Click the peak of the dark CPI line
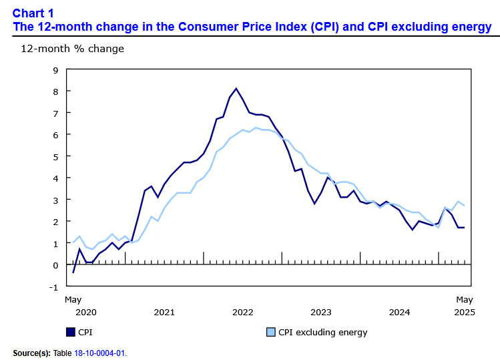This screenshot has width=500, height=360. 236,88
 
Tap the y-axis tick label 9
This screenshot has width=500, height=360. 55,69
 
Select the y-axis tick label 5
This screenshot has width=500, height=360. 55,156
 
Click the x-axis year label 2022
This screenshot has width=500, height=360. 242,312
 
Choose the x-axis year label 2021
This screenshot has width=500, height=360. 164,312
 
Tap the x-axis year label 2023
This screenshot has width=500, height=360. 321,312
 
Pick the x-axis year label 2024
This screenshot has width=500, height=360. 399,312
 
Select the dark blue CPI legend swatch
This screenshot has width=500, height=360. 70,332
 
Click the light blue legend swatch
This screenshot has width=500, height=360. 270,332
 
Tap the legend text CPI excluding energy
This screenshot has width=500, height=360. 322,332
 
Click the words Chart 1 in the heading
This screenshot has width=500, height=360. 34,13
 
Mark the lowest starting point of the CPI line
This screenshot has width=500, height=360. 73,273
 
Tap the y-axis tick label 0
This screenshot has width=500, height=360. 55,265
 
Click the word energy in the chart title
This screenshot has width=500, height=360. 471,27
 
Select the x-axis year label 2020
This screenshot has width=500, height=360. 86,312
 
